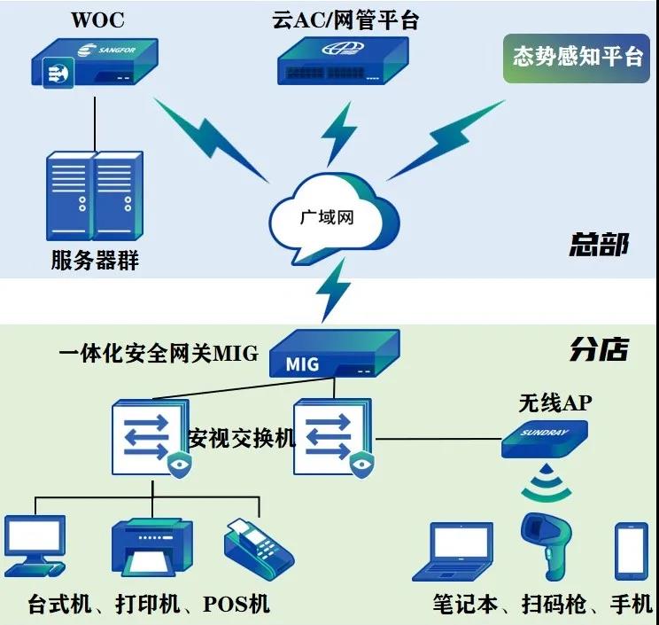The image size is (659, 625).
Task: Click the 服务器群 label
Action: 95,260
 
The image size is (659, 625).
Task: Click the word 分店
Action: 599,349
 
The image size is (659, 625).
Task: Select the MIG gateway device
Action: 335,354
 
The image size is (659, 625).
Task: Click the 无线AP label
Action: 555,403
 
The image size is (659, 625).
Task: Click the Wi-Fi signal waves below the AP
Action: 546,483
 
